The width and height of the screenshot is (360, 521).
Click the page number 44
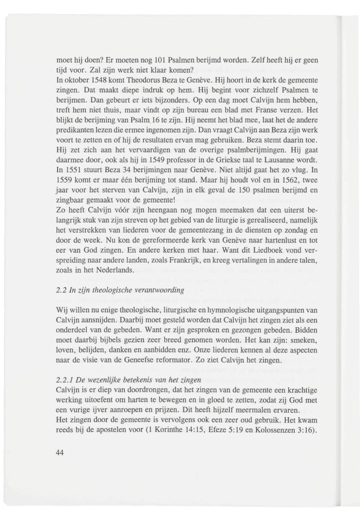[x=60, y=452]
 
